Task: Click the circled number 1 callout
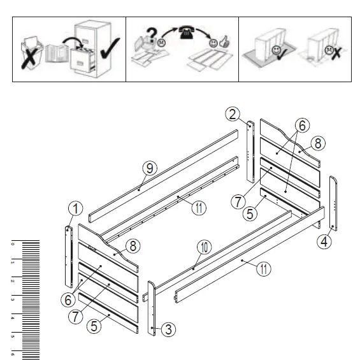(x=76, y=208)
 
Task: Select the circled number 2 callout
(x=234, y=115)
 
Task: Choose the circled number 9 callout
(x=149, y=168)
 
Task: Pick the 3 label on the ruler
(x=11, y=298)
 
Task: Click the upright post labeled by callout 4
(x=333, y=203)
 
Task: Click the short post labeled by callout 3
(x=152, y=308)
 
